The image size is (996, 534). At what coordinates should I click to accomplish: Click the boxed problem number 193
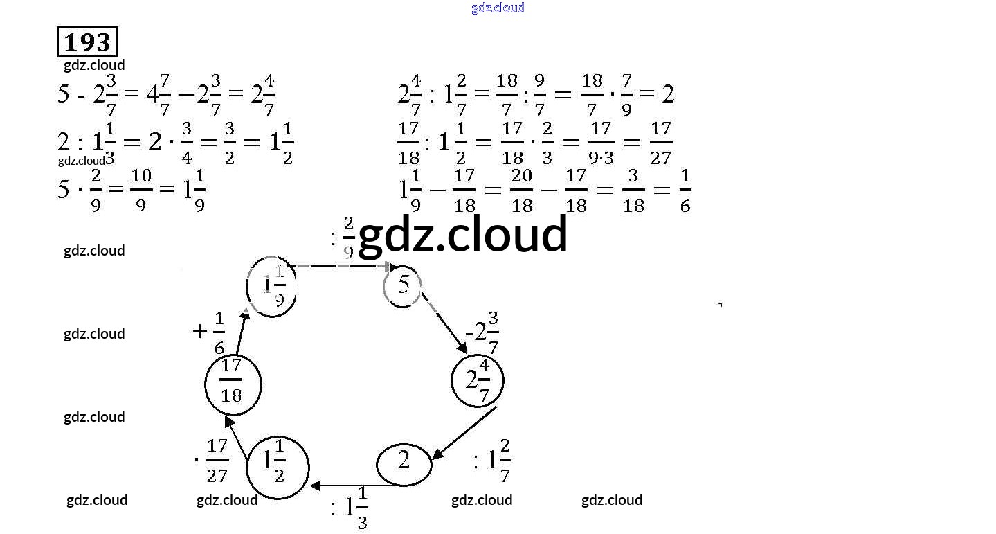pyautogui.click(x=87, y=42)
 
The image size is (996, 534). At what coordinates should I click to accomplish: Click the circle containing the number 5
pyautogui.click(x=403, y=286)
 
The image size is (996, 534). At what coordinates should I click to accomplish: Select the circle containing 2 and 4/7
pyautogui.click(x=477, y=380)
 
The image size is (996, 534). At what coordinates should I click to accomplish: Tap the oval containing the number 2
pyautogui.click(x=404, y=462)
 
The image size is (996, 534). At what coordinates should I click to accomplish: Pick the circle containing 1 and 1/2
pyautogui.click(x=277, y=468)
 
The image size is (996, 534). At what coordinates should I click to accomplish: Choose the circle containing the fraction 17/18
pyautogui.click(x=233, y=383)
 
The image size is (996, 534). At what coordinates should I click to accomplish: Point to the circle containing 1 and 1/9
pyautogui.click(x=272, y=286)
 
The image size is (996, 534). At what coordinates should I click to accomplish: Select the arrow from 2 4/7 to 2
pyautogui.click(x=464, y=433)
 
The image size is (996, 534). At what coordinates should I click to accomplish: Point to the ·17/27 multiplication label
pyautogui.click(x=212, y=461)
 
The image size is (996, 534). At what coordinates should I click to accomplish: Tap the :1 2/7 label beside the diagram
pyautogui.click(x=492, y=461)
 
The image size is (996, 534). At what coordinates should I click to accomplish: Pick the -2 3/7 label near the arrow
pyautogui.click(x=482, y=333)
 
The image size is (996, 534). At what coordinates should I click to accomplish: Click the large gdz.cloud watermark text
pyautogui.click(x=462, y=234)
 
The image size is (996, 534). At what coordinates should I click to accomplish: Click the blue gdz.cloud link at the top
pyautogui.click(x=498, y=8)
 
